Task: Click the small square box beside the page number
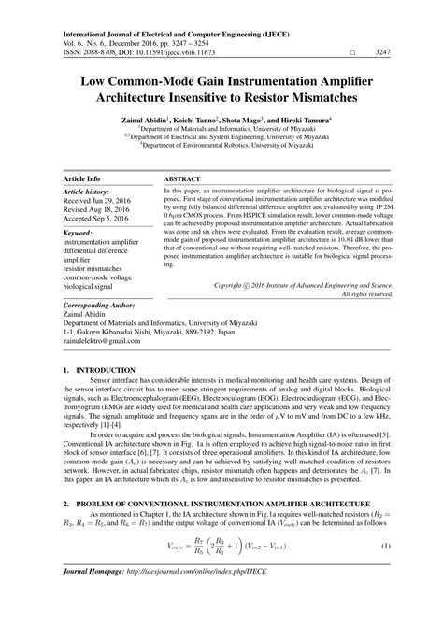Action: tap(351, 52)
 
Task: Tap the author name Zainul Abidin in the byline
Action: tap(145, 121)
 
